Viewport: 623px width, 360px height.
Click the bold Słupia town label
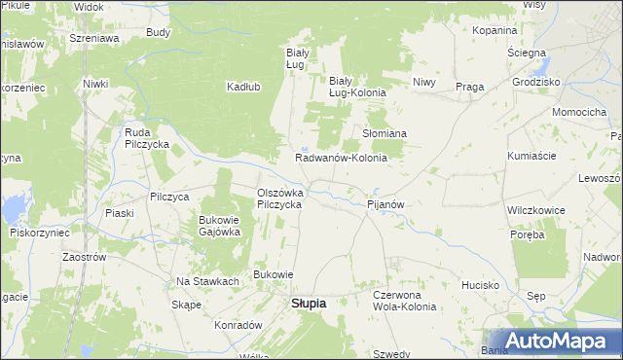pyautogui.click(x=309, y=303)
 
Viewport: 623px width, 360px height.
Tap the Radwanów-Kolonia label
pyautogui.click(x=341, y=158)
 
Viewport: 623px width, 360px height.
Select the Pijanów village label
pyautogui.click(x=385, y=205)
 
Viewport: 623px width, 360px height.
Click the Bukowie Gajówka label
pyautogui.click(x=219, y=226)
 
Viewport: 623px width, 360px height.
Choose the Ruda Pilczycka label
pyautogui.click(x=147, y=138)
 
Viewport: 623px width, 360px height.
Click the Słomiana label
pyautogui.click(x=384, y=133)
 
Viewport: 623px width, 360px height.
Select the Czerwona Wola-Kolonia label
pyautogui.click(x=404, y=301)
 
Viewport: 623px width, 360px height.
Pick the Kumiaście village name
pyautogui.click(x=531, y=156)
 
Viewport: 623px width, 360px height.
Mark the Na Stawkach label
pyautogui.click(x=207, y=281)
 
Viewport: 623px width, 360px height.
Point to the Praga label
pyautogui.click(x=469, y=87)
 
